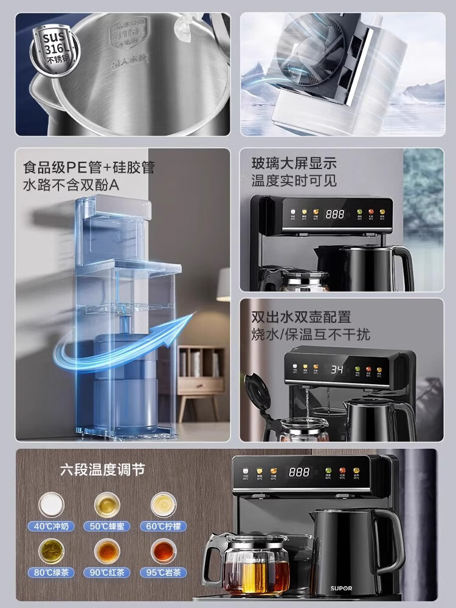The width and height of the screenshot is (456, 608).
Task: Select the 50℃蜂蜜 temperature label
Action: (x=107, y=526)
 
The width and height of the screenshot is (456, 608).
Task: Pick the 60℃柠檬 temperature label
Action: (x=162, y=526)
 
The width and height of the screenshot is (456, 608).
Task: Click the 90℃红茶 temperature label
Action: (x=107, y=572)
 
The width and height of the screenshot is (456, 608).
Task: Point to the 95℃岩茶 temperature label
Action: (x=162, y=572)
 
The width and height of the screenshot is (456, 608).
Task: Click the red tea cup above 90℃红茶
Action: (x=107, y=551)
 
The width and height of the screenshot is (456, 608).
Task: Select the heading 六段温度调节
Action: (x=102, y=470)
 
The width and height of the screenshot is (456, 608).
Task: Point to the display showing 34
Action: (x=338, y=369)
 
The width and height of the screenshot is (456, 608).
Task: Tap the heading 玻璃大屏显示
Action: (x=294, y=164)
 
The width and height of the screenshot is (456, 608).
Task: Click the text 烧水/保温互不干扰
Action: (x=310, y=334)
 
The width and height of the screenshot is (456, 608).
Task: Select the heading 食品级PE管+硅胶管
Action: (x=88, y=167)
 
